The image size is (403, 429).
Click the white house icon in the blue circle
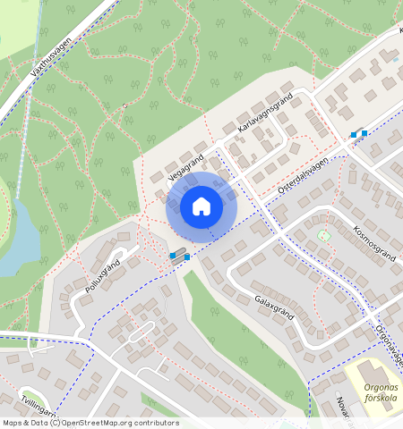pos(201,207)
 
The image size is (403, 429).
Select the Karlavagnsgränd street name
pos(265,117)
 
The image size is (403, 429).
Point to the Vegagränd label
pos(185,166)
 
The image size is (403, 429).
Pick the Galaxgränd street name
pos(275,307)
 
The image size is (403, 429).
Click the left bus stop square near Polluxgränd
pos(173,257)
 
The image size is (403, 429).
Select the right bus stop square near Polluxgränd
pos(186,257)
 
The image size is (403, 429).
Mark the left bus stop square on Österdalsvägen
pos(355,135)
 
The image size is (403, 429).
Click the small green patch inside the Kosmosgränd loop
pos(323,235)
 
